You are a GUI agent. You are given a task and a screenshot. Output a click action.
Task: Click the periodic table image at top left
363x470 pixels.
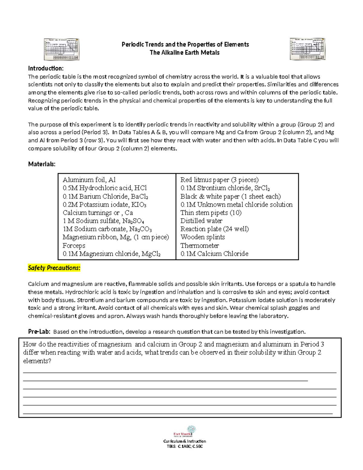62,49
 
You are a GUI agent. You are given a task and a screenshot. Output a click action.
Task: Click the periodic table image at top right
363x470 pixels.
307,49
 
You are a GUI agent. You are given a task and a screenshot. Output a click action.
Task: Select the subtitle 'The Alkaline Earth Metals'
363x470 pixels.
185,53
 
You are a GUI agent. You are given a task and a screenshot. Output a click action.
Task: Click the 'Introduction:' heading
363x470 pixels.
46,68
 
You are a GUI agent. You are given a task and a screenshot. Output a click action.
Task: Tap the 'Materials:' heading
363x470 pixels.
42,164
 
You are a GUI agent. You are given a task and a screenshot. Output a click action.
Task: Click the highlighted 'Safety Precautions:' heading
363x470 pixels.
54,268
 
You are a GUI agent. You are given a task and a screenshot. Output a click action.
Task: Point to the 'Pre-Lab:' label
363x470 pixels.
39,332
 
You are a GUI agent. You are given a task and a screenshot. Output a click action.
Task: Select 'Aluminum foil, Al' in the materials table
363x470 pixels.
89,180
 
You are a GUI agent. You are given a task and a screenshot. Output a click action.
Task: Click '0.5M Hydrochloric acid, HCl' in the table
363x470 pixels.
105,188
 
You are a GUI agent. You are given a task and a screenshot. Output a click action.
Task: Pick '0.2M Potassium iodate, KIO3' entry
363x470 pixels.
104,205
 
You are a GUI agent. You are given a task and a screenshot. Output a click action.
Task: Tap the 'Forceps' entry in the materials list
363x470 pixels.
74,245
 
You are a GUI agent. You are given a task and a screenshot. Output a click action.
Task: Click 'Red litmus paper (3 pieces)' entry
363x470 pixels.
219,180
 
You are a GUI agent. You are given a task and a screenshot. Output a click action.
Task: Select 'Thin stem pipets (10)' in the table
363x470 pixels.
211,213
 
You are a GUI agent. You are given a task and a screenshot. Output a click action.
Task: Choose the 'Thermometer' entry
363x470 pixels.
200,245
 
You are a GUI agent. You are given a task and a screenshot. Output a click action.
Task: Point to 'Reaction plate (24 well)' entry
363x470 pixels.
214,229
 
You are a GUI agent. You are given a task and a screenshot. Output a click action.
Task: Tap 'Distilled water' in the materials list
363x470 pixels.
201,221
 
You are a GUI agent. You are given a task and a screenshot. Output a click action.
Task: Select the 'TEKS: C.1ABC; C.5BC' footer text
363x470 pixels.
185,446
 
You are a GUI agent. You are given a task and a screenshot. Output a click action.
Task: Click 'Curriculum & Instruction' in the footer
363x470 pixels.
185,441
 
